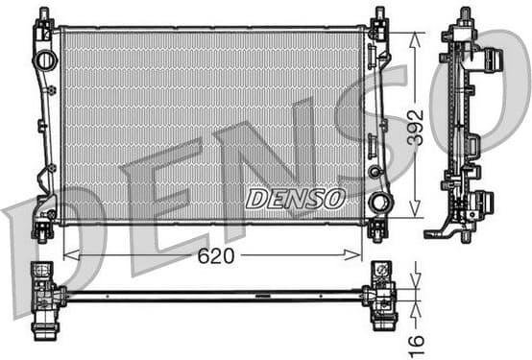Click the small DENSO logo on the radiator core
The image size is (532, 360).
pyautogui.click(x=294, y=199)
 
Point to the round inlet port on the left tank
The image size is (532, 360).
pyautogui.click(x=45, y=60)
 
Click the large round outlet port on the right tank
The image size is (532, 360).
pyautogui.click(x=380, y=204)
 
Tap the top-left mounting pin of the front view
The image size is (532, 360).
pyautogui.click(x=44, y=16)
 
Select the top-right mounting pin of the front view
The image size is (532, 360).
pyautogui.click(x=378, y=16)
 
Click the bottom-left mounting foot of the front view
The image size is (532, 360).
pyautogui.click(x=43, y=230)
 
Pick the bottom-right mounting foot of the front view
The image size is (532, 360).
pyautogui.click(x=377, y=230)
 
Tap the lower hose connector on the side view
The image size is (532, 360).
pyautogui.click(x=484, y=203)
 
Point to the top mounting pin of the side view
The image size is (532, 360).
pyautogui.click(x=465, y=14)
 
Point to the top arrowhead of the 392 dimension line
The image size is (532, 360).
pyautogui.click(x=415, y=36)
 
